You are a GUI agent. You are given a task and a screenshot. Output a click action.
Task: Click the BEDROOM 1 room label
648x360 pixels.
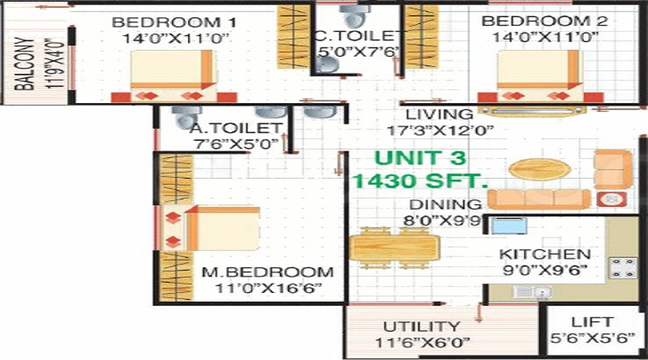[174, 22]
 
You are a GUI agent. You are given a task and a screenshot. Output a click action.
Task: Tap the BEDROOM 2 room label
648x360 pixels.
[545, 21]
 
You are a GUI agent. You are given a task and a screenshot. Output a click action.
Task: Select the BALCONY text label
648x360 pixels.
[24, 63]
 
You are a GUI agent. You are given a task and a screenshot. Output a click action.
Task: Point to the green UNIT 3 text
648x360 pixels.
[420, 158]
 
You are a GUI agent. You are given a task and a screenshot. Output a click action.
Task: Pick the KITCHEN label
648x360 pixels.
[545, 254]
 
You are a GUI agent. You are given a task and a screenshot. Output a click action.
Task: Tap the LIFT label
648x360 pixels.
[592, 322]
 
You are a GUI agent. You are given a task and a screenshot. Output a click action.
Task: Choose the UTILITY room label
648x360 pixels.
[421, 327]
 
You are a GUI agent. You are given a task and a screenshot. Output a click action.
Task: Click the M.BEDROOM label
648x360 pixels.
[267, 272]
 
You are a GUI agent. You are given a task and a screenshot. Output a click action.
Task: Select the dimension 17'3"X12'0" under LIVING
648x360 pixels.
[441, 130]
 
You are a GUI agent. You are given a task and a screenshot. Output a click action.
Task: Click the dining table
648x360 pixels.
[394, 248]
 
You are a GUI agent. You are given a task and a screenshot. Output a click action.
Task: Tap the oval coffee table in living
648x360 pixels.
[540, 169]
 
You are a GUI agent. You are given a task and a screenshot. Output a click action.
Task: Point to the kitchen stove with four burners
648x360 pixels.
[623, 267]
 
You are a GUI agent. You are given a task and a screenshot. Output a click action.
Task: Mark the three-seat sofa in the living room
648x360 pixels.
[539, 199]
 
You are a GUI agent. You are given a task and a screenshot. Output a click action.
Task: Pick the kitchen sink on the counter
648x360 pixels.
[533, 292]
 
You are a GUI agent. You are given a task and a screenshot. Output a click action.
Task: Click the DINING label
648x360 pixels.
[446, 204]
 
